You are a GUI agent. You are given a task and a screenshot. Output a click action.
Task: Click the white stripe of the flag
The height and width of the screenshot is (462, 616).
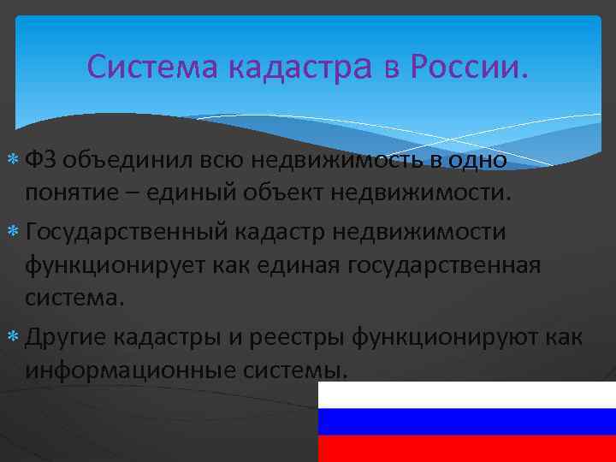tap(466, 394)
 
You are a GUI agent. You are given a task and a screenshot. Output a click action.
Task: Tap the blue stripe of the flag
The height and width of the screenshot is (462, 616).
tap(466, 421)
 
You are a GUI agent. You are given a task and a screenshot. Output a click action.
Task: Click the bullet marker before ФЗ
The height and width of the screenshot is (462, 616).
tap(15, 160)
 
